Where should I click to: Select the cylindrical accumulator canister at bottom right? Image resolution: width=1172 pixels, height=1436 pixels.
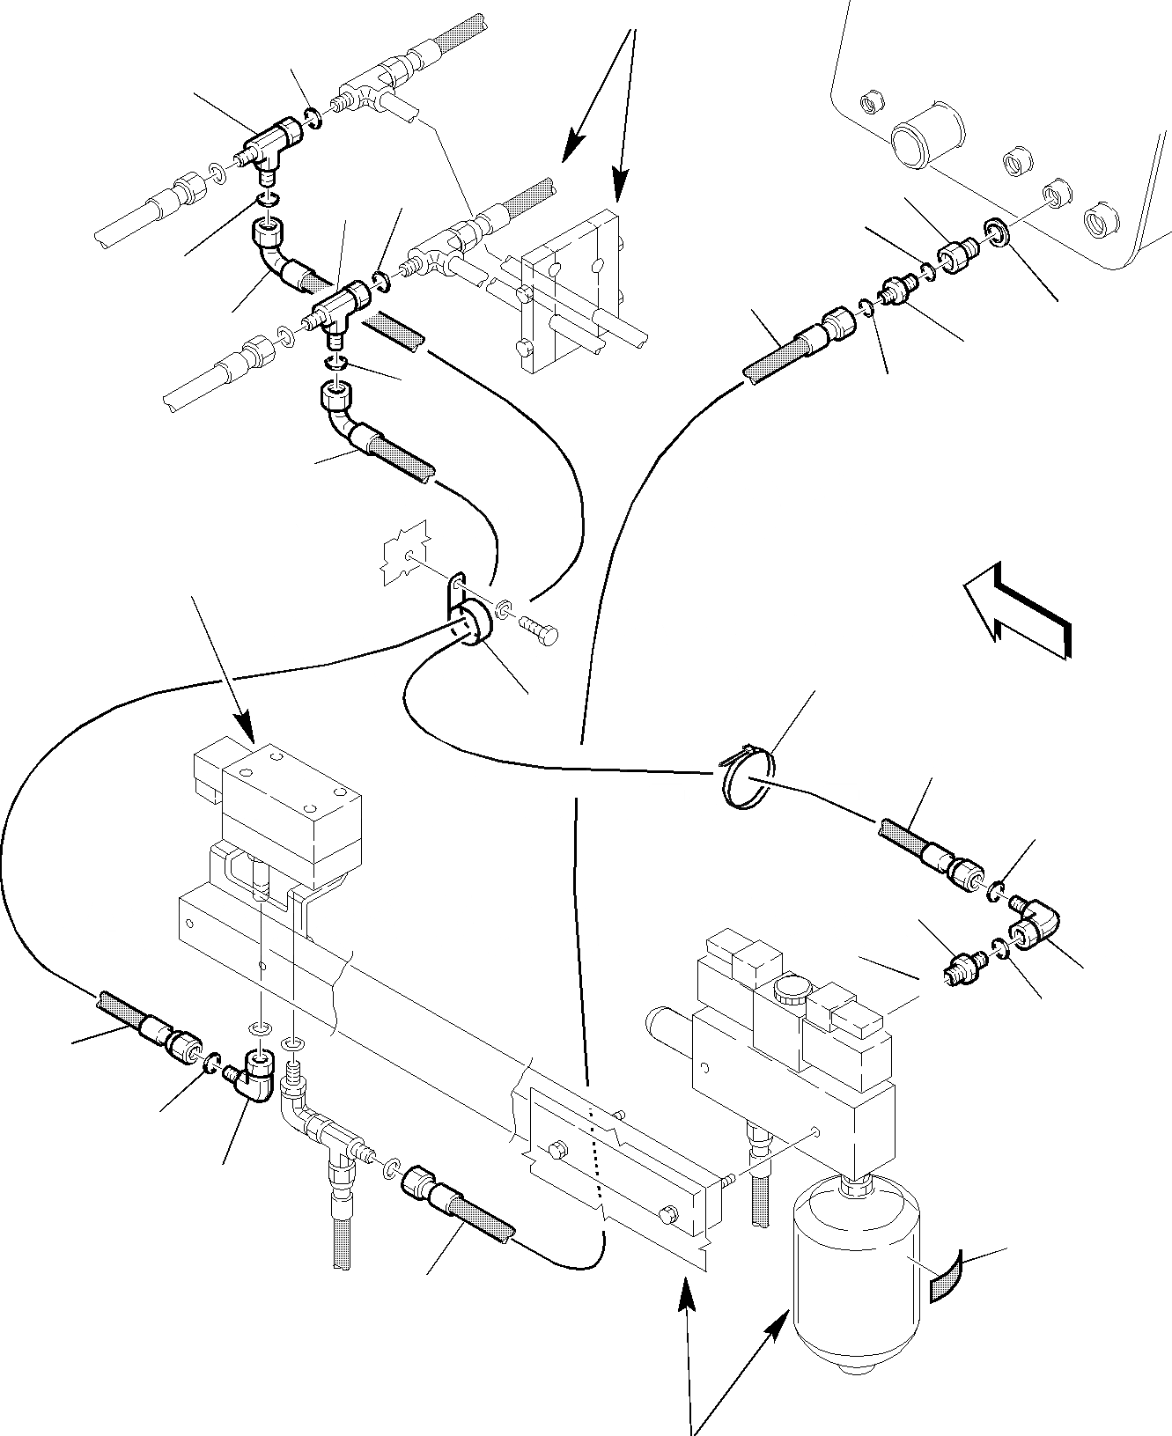pos(853,1294)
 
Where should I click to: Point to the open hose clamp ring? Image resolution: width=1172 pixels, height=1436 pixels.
pos(747,772)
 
